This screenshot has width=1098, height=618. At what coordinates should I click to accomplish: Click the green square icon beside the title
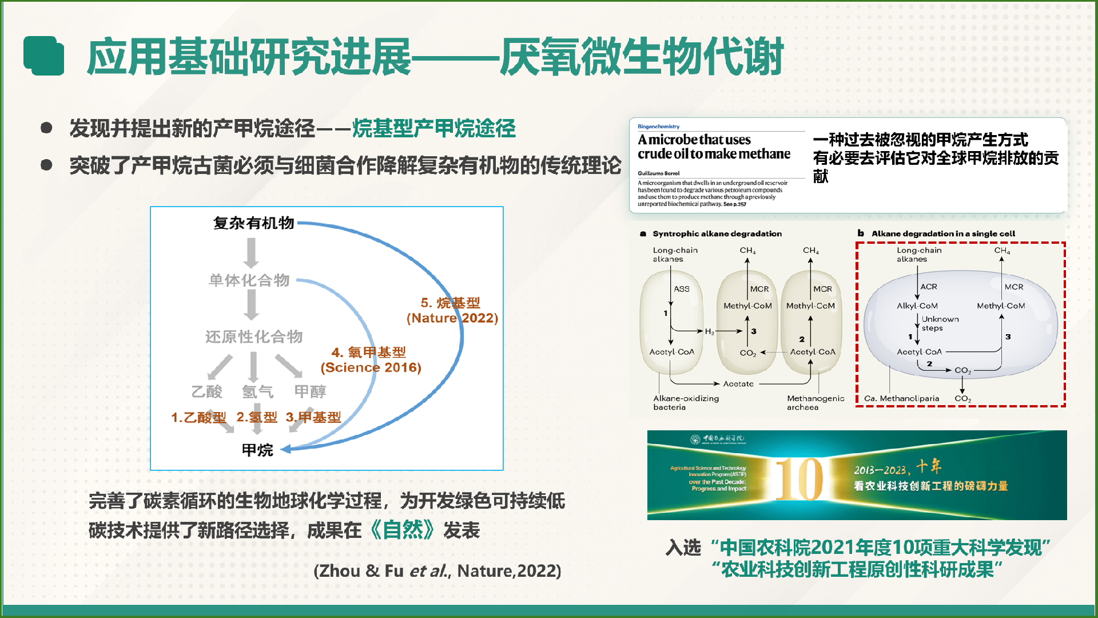coord(43,56)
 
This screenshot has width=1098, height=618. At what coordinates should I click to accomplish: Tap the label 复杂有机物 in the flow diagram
coord(253,223)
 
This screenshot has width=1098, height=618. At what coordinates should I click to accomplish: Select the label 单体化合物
coord(249,280)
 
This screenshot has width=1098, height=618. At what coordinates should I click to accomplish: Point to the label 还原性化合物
coord(254,336)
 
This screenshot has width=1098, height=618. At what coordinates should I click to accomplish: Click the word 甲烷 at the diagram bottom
coord(257,450)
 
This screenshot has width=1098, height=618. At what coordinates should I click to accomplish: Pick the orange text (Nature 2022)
coord(452,318)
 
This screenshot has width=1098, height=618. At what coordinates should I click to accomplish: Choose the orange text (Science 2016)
coord(371,367)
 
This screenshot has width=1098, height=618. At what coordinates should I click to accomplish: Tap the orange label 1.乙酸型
coord(198,418)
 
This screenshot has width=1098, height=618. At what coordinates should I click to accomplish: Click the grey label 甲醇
coord(310,391)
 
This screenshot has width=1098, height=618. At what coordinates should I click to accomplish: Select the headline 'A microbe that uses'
coord(694,140)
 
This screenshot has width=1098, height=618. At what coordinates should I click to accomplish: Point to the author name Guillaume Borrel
coord(659,173)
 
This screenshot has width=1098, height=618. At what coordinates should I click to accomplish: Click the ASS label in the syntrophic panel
coord(682,289)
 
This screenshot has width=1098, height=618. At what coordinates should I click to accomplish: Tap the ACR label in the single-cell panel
coord(929,287)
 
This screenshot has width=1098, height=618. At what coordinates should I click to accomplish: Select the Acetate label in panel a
coord(738,384)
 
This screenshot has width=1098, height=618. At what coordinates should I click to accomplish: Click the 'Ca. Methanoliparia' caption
coord(901,398)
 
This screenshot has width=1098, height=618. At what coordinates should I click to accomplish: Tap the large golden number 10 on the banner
coord(799,480)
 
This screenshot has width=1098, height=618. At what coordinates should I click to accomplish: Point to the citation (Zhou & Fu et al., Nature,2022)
coord(437,571)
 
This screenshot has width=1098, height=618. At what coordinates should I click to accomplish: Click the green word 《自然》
coord(403,530)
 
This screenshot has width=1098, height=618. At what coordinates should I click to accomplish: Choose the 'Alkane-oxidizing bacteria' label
coord(686,402)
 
